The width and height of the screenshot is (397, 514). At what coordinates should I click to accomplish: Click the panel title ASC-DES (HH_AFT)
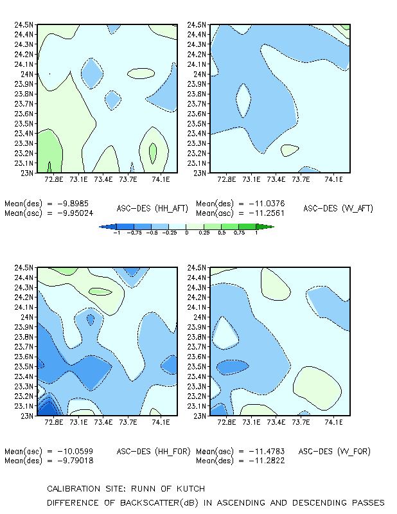pos(152,208)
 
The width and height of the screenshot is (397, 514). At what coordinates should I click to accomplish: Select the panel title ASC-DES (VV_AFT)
pos(339,208)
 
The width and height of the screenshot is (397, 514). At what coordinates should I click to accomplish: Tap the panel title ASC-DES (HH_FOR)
pos(154,452)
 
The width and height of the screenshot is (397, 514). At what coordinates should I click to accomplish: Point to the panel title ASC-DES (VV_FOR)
pos(335,452)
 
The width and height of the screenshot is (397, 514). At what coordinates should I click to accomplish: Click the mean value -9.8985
pos(73,204)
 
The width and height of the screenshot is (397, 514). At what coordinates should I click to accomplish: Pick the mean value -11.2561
pos(267,213)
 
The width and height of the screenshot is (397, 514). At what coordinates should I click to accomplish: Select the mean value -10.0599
pos(75,452)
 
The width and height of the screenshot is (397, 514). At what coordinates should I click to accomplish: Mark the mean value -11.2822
pos(267,461)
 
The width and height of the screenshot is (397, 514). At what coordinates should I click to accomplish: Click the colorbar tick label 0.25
pos(204,233)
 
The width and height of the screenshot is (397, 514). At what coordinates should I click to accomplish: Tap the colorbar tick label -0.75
pos(134,233)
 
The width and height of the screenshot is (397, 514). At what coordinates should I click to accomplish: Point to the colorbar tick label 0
pos(186,233)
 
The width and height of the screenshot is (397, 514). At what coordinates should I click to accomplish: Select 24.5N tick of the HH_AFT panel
pos(24,24)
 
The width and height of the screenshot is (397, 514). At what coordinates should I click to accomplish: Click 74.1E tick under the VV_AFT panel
pos(334,179)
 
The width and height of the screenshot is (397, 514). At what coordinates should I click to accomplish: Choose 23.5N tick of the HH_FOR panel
pos(24,366)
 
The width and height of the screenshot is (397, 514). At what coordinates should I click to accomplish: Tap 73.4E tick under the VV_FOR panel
pos(276,422)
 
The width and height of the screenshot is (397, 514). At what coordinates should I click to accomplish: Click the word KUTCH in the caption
pos(191,489)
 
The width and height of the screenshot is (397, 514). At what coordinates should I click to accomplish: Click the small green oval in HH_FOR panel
pos(101,292)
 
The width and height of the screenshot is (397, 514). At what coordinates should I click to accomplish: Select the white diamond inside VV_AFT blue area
pos(243,101)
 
